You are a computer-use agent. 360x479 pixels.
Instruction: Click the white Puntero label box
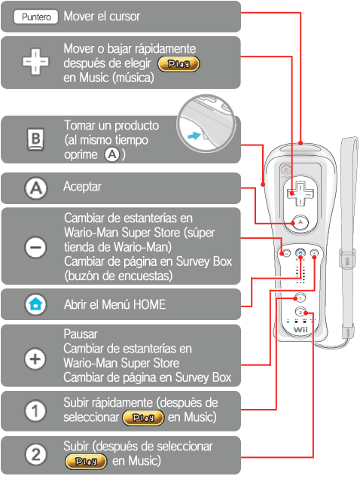(x=35, y=17)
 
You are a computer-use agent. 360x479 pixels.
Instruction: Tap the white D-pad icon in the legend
(x=35, y=62)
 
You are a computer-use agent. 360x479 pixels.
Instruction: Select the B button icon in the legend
(x=35, y=139)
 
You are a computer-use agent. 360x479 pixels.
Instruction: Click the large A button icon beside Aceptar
(x=35, y=188)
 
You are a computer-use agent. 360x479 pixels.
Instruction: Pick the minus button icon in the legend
(x=35, y=247)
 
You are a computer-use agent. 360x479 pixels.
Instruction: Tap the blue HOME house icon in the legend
(x=35, y=304)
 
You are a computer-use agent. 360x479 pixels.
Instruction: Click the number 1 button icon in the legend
(x=35, y=410)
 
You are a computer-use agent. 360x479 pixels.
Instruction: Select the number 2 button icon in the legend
(x=35, y=454)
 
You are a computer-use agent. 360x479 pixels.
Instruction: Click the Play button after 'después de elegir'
(x=178, y=64)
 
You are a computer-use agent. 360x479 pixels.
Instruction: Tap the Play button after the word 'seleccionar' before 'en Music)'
(x=143, y=417)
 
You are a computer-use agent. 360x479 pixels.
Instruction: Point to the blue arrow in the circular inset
(x=194, y=136)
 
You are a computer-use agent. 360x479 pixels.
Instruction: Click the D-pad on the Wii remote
(x=300, y=194)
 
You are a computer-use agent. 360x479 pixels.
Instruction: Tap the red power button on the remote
(x=286, y=170)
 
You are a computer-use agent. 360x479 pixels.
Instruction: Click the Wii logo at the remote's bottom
(x=301, y=330)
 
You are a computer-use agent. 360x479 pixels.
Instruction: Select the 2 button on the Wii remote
(x=301, y=312)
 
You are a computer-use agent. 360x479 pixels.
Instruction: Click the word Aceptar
(x=82, y=186)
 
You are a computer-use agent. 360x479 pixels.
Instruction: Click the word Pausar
(x=81, y=334)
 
